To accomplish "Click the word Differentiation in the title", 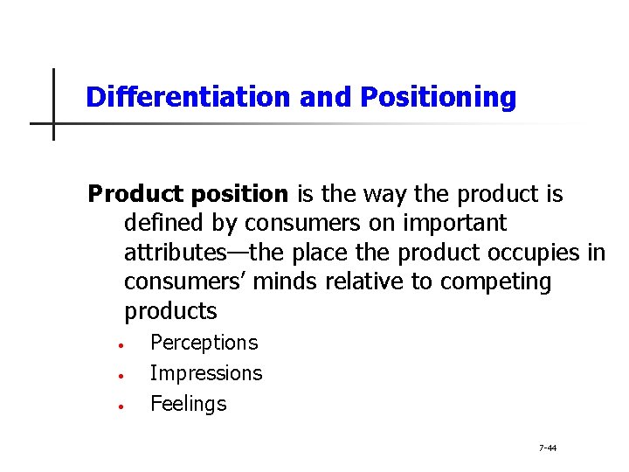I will point(188,97).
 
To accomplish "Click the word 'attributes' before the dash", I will point(175,253).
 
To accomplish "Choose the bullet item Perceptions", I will point(204,343).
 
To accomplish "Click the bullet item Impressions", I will point(205,373).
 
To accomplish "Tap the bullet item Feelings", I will point(188,404).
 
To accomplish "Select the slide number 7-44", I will point(548,448).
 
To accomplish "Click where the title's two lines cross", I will point(53,123).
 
